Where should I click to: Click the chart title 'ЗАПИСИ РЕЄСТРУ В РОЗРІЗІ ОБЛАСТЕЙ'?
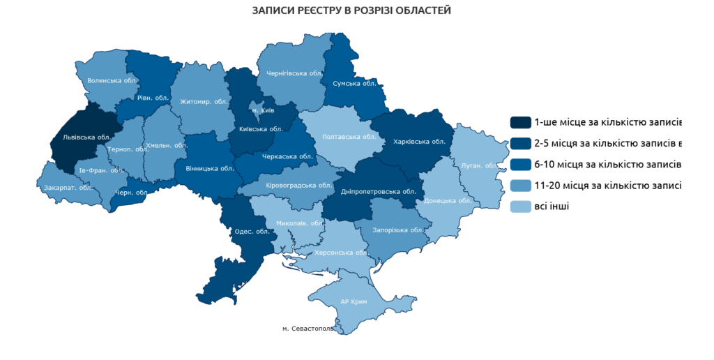tap(351, 10)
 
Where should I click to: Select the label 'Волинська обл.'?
tap(111, 80)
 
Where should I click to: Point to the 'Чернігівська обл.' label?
tap(293, 73)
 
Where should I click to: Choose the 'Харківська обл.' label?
tap(419, 141)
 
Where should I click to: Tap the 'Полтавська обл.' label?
tap(349, 137)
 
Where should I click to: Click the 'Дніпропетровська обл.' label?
tap(379, 191)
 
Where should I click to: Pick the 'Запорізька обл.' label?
tap(399, 230)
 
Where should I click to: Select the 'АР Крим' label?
tap(354, 301)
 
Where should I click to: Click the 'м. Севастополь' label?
tap(307, 328)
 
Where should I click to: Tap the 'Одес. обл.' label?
tap(252, 232)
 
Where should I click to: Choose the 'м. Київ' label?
tap(263, 111)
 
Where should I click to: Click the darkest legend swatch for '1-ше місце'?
tap(520, 123)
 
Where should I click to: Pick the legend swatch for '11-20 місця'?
tap(520, 186)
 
